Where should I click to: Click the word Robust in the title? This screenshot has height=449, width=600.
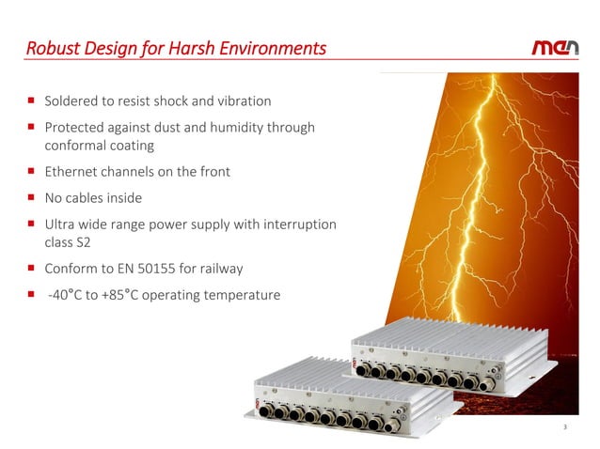tap(49, 47)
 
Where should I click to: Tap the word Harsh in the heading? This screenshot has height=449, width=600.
tap(213, 47)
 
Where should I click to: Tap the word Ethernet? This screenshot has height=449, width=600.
tap(73, 172)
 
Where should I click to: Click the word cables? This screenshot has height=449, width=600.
tap(90, 198)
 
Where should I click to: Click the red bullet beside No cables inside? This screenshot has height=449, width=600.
tap(31, 198)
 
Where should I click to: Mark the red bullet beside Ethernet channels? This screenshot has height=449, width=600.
tap(31, 172)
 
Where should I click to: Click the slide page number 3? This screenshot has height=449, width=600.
tap(565, 428)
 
